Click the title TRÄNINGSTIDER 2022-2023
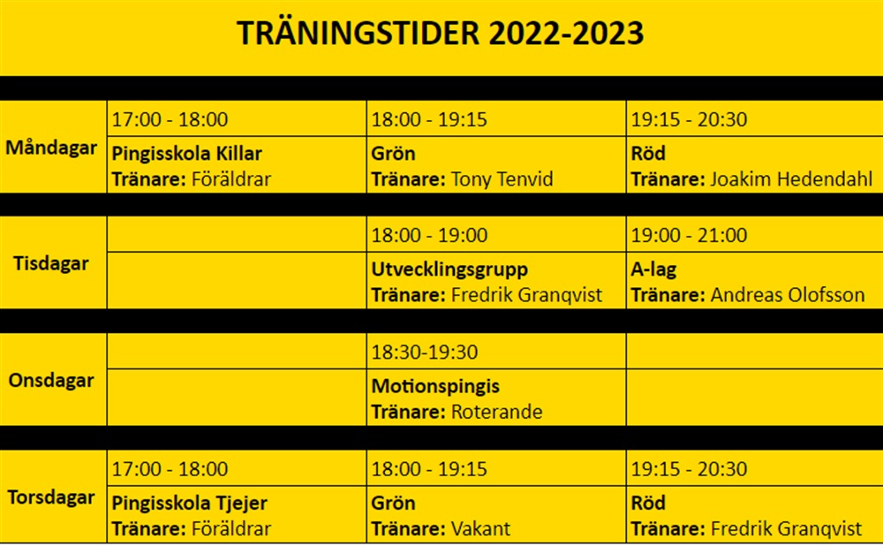pyautogui.click(x=440, y=34)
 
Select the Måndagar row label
pyautogui.click(x=51, y=148)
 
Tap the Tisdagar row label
pyautogui.click(x=51, y=263)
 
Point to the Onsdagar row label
pyautogui.click(x=51, y=381)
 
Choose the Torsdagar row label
pyautogui.click(x=51, y=497)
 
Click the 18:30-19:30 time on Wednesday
pyautogui.click(x=425, y=353)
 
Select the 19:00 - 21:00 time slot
pyautogui.click(x=689, y=236)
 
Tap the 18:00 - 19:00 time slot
pyautogui.click(x=429, y=236)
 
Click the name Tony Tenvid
pyautogui.click(x=502, y=179)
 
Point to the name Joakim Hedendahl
pyautogui.click(x=791, y=179)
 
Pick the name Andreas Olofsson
pyautogui.click(x=788, y=295)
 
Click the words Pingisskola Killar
pyautogui.click(x=187, y=154)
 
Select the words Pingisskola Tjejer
pyautogui.click(x=189, y=504)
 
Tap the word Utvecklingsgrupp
pyautogui.click(x=449, y=269)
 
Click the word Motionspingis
pyautogui.click(x=435, y=387)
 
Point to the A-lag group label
pyautogui.click(x=653, y=269)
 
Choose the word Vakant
pyautogui.click(x=480, y=529)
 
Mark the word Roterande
pyautogui.click(x=496, y=413)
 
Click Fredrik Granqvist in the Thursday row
pyautogui.click(x=786, y=529)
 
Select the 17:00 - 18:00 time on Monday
pyautogui.click(x=170, y=120)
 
